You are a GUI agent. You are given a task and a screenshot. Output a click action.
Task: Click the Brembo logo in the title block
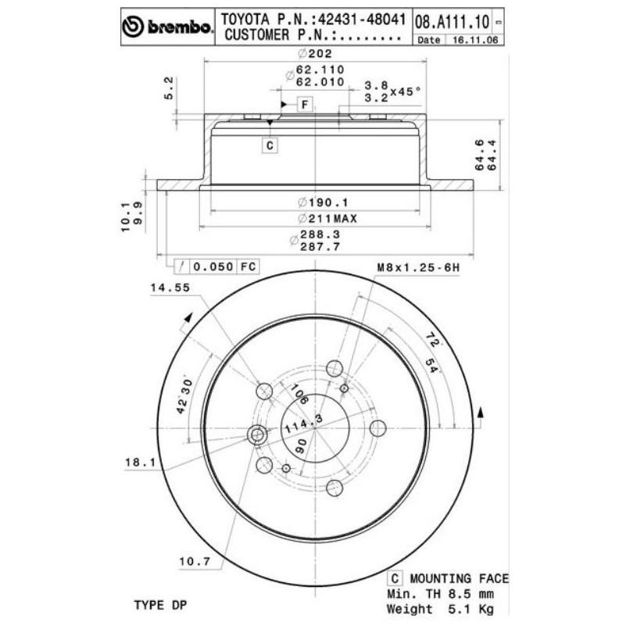167,27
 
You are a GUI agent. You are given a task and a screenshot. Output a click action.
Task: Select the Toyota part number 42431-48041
361,20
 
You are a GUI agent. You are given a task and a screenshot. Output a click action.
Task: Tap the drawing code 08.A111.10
452,22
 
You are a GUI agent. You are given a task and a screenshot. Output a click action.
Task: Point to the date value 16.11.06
475,40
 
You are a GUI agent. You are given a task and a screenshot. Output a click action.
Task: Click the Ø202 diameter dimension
315,53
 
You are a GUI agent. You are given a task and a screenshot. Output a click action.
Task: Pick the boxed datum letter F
305,105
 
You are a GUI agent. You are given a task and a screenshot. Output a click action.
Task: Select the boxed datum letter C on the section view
270,145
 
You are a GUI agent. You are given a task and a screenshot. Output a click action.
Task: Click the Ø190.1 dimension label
324,202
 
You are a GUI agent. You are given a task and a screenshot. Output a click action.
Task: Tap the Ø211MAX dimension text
327,218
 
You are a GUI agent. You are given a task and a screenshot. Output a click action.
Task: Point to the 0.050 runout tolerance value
213,266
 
